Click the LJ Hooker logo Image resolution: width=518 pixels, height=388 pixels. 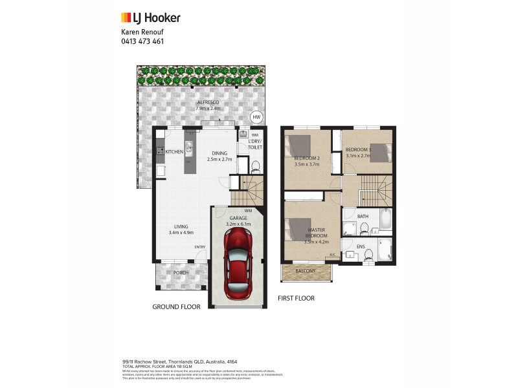pos(150,18)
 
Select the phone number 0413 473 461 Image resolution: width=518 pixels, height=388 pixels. pos(142,41)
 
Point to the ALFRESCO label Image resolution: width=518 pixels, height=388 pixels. pos(208,102)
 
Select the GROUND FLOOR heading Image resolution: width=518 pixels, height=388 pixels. pos(176,307)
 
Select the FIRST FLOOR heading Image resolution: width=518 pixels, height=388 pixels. pos(296,299)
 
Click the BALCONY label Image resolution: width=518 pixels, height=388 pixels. pos(305,271)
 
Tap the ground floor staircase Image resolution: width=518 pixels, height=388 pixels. pos(248,191)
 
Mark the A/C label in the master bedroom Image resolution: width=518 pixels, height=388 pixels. pos(333,255)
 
